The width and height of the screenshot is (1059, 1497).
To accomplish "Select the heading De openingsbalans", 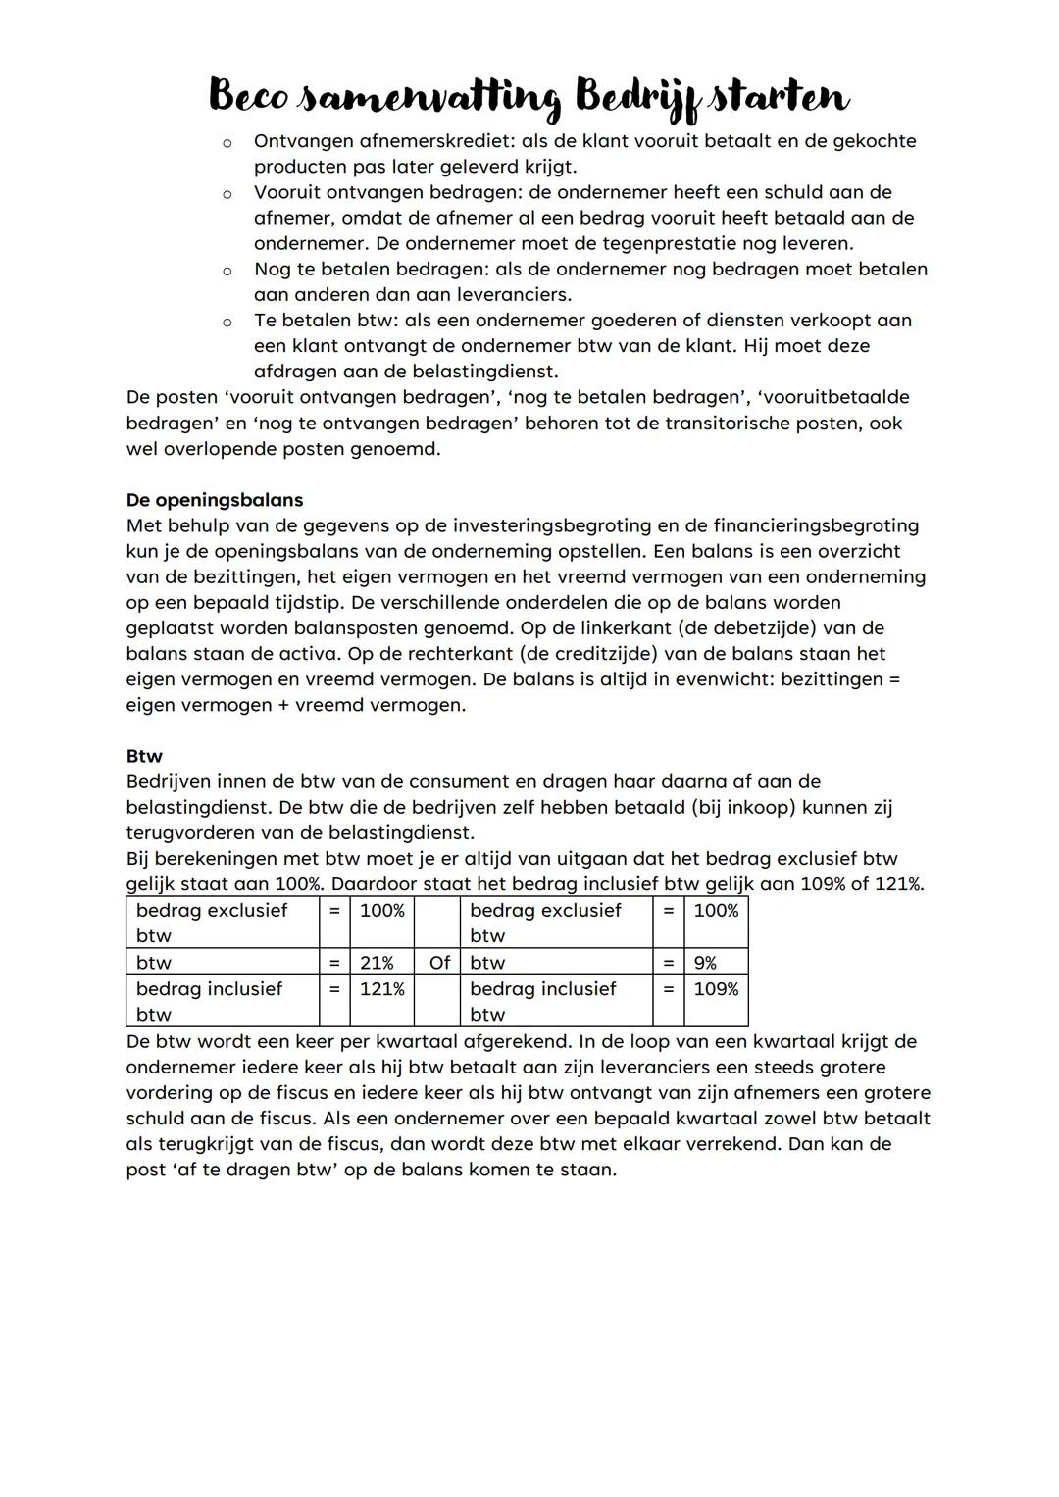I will (214, 500).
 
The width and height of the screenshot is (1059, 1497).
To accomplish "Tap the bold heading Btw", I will (144, 756).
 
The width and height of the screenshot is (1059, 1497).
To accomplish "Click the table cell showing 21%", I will (377, 963).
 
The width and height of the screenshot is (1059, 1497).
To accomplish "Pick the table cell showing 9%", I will (705, 963).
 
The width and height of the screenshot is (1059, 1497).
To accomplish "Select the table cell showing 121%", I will (381, 989).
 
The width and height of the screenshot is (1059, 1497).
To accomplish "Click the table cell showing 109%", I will (716, 989).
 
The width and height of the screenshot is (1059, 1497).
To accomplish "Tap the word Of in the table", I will (439, 963).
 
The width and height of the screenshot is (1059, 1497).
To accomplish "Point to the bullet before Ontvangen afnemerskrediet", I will (227, 143).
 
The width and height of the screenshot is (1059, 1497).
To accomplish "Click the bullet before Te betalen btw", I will (227, 322).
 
